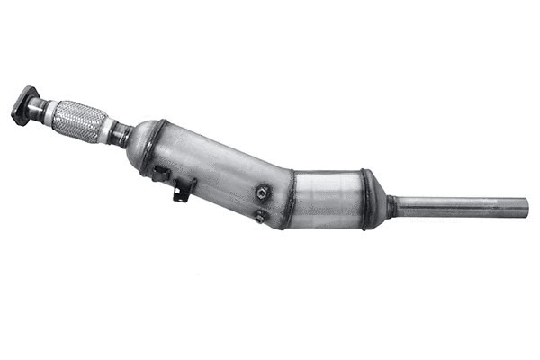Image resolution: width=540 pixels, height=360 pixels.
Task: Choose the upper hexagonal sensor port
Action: [263, 193]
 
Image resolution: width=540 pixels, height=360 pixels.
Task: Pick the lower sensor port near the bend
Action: [259, 216]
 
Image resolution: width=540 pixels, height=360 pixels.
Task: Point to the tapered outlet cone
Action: [379, 203]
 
